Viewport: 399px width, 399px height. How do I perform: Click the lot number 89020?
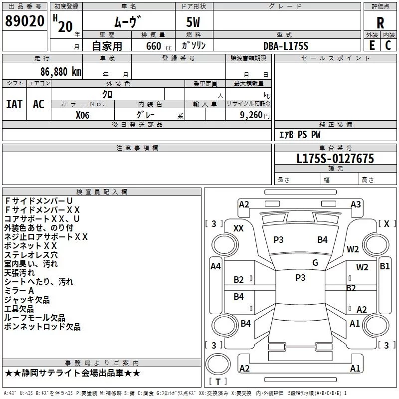pos(24,21)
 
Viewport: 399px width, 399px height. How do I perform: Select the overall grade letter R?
pos(380,23)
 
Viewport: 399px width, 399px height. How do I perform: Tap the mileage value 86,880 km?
pos(61,72)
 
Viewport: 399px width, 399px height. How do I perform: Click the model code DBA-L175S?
pos(286,46)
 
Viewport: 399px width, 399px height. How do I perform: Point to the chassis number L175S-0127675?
pos(335,159)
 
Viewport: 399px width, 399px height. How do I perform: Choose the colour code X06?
pos(82,115)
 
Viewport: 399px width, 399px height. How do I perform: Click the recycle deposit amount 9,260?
pos(251,115)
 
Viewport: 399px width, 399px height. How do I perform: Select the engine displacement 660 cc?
pos(159,46)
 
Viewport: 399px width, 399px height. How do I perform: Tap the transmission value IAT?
pos(14,104)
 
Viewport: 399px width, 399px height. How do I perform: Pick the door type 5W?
pos(193,22)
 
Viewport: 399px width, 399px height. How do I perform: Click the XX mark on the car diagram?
pos(238,228)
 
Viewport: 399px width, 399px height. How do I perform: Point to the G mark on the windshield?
pos(315,262)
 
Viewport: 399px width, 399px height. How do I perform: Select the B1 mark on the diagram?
pos(385,266)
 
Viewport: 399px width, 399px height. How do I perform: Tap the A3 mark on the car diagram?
pos(356,204)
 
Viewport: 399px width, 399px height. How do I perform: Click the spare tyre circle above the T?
pos(218,364)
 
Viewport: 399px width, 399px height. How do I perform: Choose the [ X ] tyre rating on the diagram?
pos(387,223)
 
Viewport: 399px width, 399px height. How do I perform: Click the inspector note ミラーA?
pos(19,291)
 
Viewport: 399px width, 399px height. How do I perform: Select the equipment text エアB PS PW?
pos(300,135)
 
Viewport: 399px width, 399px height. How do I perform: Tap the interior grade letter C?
pos(388,45)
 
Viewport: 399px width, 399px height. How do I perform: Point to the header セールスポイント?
pos(335,58)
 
